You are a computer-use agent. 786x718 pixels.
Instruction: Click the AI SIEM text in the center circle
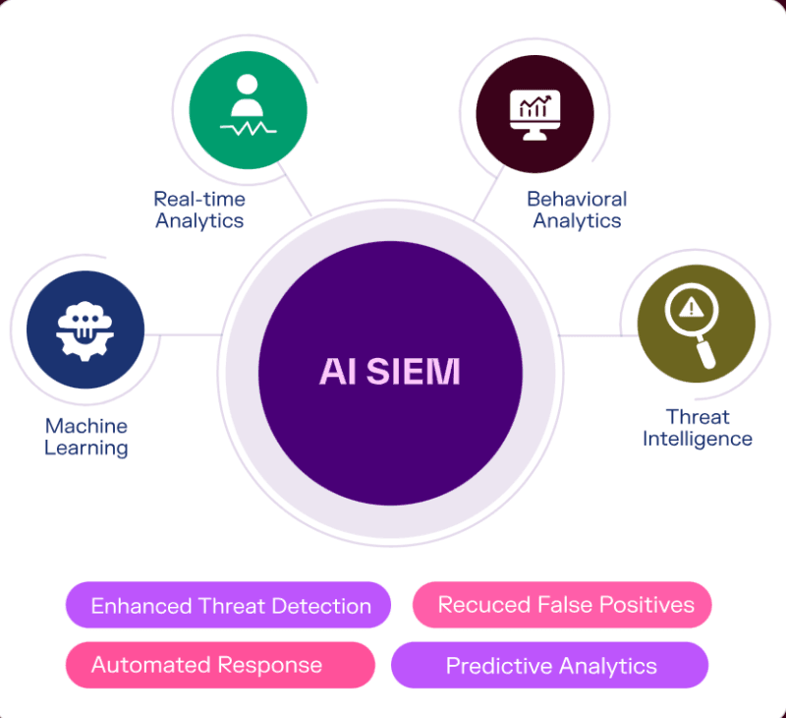(x=390, y=372)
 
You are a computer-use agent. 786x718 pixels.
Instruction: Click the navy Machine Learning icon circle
(x=85, y=329)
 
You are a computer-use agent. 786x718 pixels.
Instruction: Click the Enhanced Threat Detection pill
(x=229, y=605)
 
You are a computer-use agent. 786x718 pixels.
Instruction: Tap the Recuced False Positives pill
(x=562, y=604)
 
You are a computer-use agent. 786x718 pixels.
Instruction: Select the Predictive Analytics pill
(x=549, y=666)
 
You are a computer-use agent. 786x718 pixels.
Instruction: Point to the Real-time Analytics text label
(x=199, y=209)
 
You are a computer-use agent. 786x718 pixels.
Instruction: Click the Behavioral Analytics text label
(x=577, y=209)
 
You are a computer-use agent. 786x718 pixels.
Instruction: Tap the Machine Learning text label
(x=86, y=437)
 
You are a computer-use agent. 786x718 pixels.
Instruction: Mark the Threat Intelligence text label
(x=698, y=428)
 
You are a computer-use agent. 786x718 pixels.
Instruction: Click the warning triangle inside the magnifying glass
(x=691, y=308)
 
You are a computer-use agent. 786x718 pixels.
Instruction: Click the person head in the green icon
(x=248, y=85)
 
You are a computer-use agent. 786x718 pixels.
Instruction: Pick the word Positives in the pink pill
(x=649, y=604)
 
